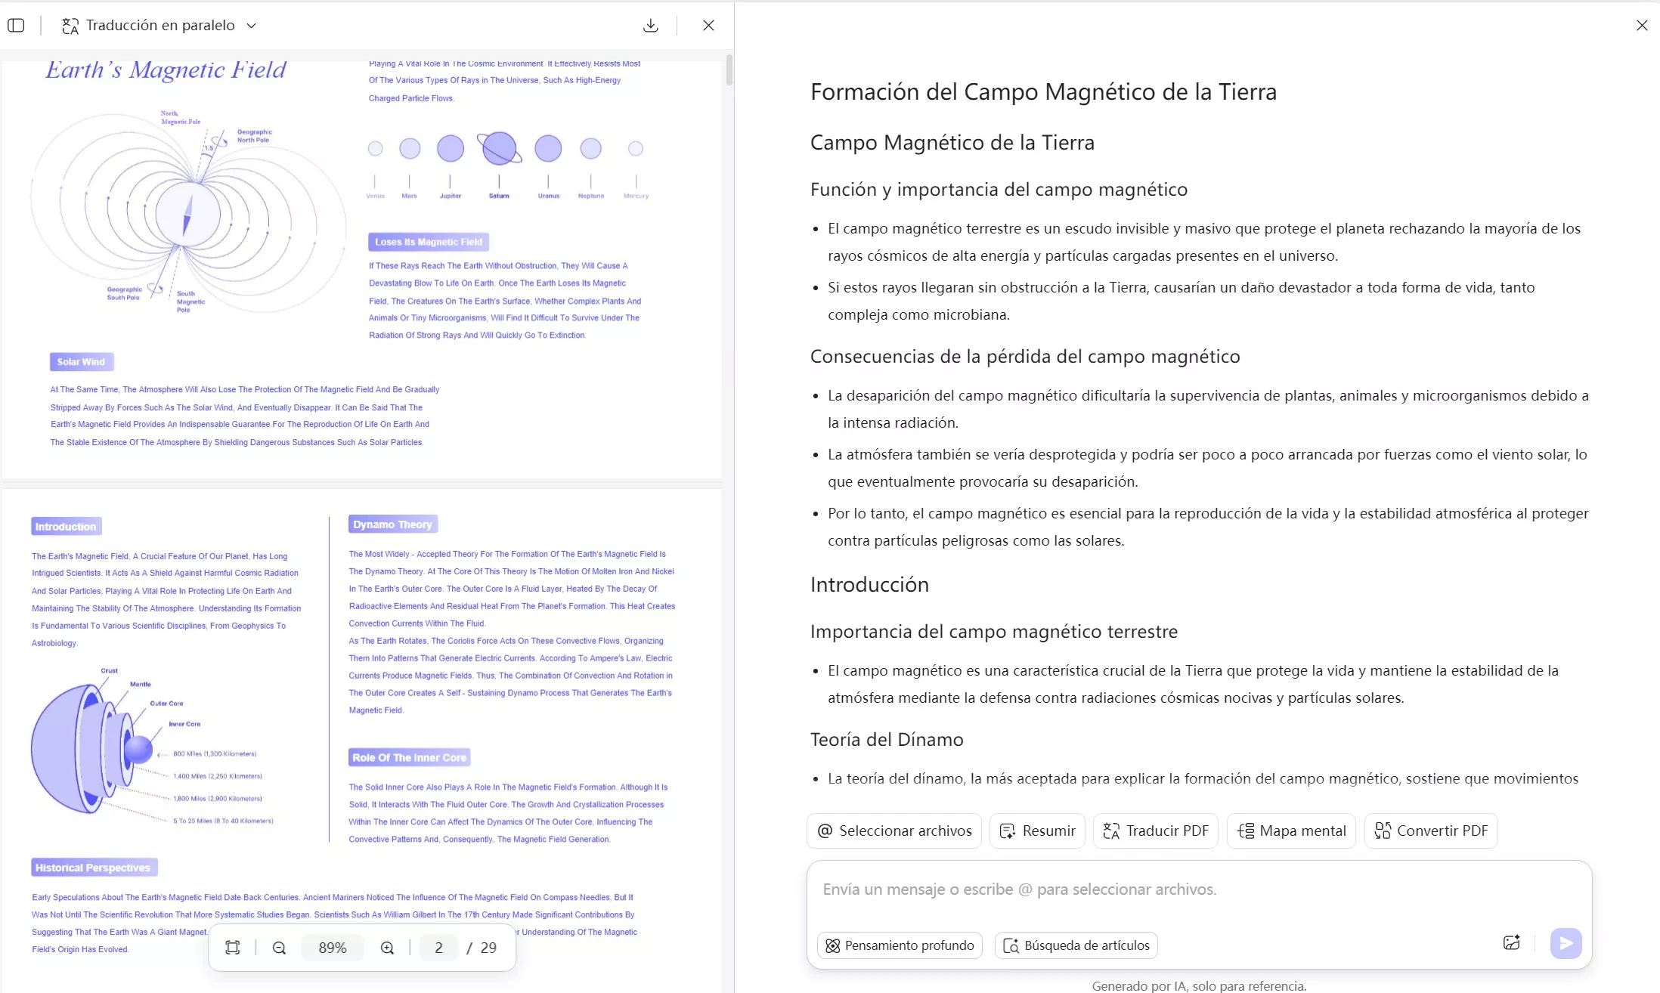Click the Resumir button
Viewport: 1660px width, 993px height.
pyautogui.click(x=1037, y=831)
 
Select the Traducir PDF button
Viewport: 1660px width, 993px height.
pyautogui.click(x=1156, y=831)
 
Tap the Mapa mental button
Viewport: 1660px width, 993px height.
pyautogui.click(x=1291, y=831)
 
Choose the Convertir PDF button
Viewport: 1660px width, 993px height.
pyautogui.click(x=1431, y=831)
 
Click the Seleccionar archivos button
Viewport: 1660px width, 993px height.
pyautogui.click(x=894, y=831)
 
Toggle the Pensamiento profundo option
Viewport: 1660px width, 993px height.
pyautogui.click(x=900, y=945)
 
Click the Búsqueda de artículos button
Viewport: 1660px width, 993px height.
pyautogui.click(x=1076, y=945)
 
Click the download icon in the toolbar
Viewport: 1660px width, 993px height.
pyautogui.click(x=650, y=26)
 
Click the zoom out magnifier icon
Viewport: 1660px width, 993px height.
pyautogui.click(x=279, y=948)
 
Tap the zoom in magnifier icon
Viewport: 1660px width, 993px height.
pyautogui.click(x=387, y=948)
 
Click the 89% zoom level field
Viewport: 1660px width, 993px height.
pyautogui.click(x=333, y=948)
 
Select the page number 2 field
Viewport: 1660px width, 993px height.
pyautogui.click(x=438, y=948)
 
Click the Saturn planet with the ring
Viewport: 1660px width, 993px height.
pyautogui.click(x=499, y=148)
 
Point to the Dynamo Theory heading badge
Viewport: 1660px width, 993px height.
pyautogui.click(x=393, y=524)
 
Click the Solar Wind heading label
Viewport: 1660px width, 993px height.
pyautogui.click(x=82, y=362)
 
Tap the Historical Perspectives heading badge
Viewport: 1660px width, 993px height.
pyautogui.click(x=94, y=868)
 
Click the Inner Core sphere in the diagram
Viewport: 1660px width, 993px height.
pyautogui.click(x=138, y=750)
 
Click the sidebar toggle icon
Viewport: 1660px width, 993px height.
pyautogui.click(x=16, y=26)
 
